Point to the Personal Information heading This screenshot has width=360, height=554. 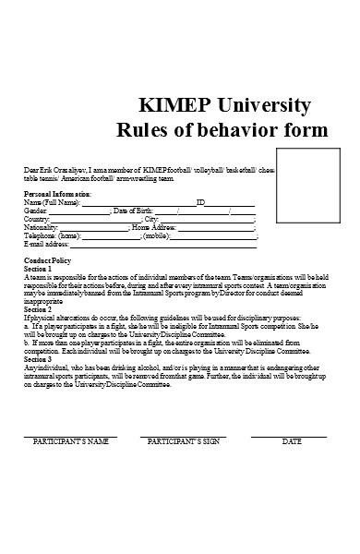[57, 194]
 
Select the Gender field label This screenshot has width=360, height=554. [36, 211]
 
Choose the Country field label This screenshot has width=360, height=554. [38, 219]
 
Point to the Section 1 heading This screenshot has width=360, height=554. [39, 269]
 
